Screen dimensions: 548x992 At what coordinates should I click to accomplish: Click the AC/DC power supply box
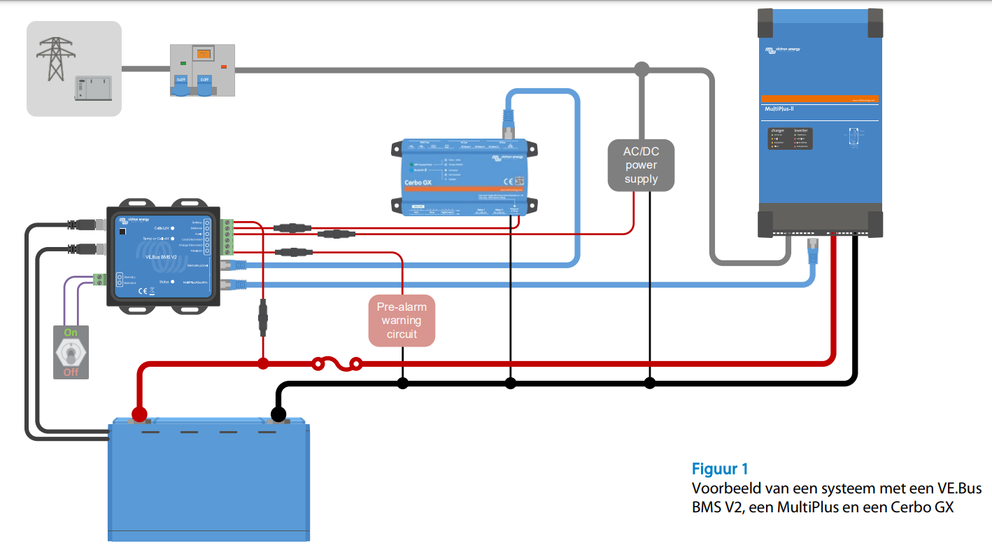pyautogui.click(x=642, y=165)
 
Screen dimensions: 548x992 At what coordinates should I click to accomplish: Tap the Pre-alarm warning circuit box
pyautogui.click(x=402, y=321)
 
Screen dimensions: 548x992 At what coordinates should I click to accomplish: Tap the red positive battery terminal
pyautogui.click(x=139, y=414)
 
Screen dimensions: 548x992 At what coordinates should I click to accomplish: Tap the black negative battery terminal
pyautogui.click(x=278, y=415)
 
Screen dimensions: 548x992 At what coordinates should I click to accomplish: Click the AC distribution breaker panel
pyautogui.click(x=202, y=70)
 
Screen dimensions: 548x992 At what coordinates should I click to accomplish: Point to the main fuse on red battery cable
pyautogui.click(x=337, y=363)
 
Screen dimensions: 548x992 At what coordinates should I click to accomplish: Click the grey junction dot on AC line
pyautogui.click(x=642, y=69)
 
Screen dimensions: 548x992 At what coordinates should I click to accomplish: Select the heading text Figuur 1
pyautogui.click(x=720, y=469)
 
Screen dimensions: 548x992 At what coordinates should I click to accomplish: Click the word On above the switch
pyautogui.click(x=71, y=332)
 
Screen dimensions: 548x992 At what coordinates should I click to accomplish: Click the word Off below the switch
pyautogui.click(x=71, y=372)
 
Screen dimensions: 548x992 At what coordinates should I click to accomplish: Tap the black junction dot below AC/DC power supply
pyautogui.click(x=650, y=383)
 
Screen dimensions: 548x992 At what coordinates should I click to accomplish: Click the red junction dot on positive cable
pyautogui.click(x=263, y=363)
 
